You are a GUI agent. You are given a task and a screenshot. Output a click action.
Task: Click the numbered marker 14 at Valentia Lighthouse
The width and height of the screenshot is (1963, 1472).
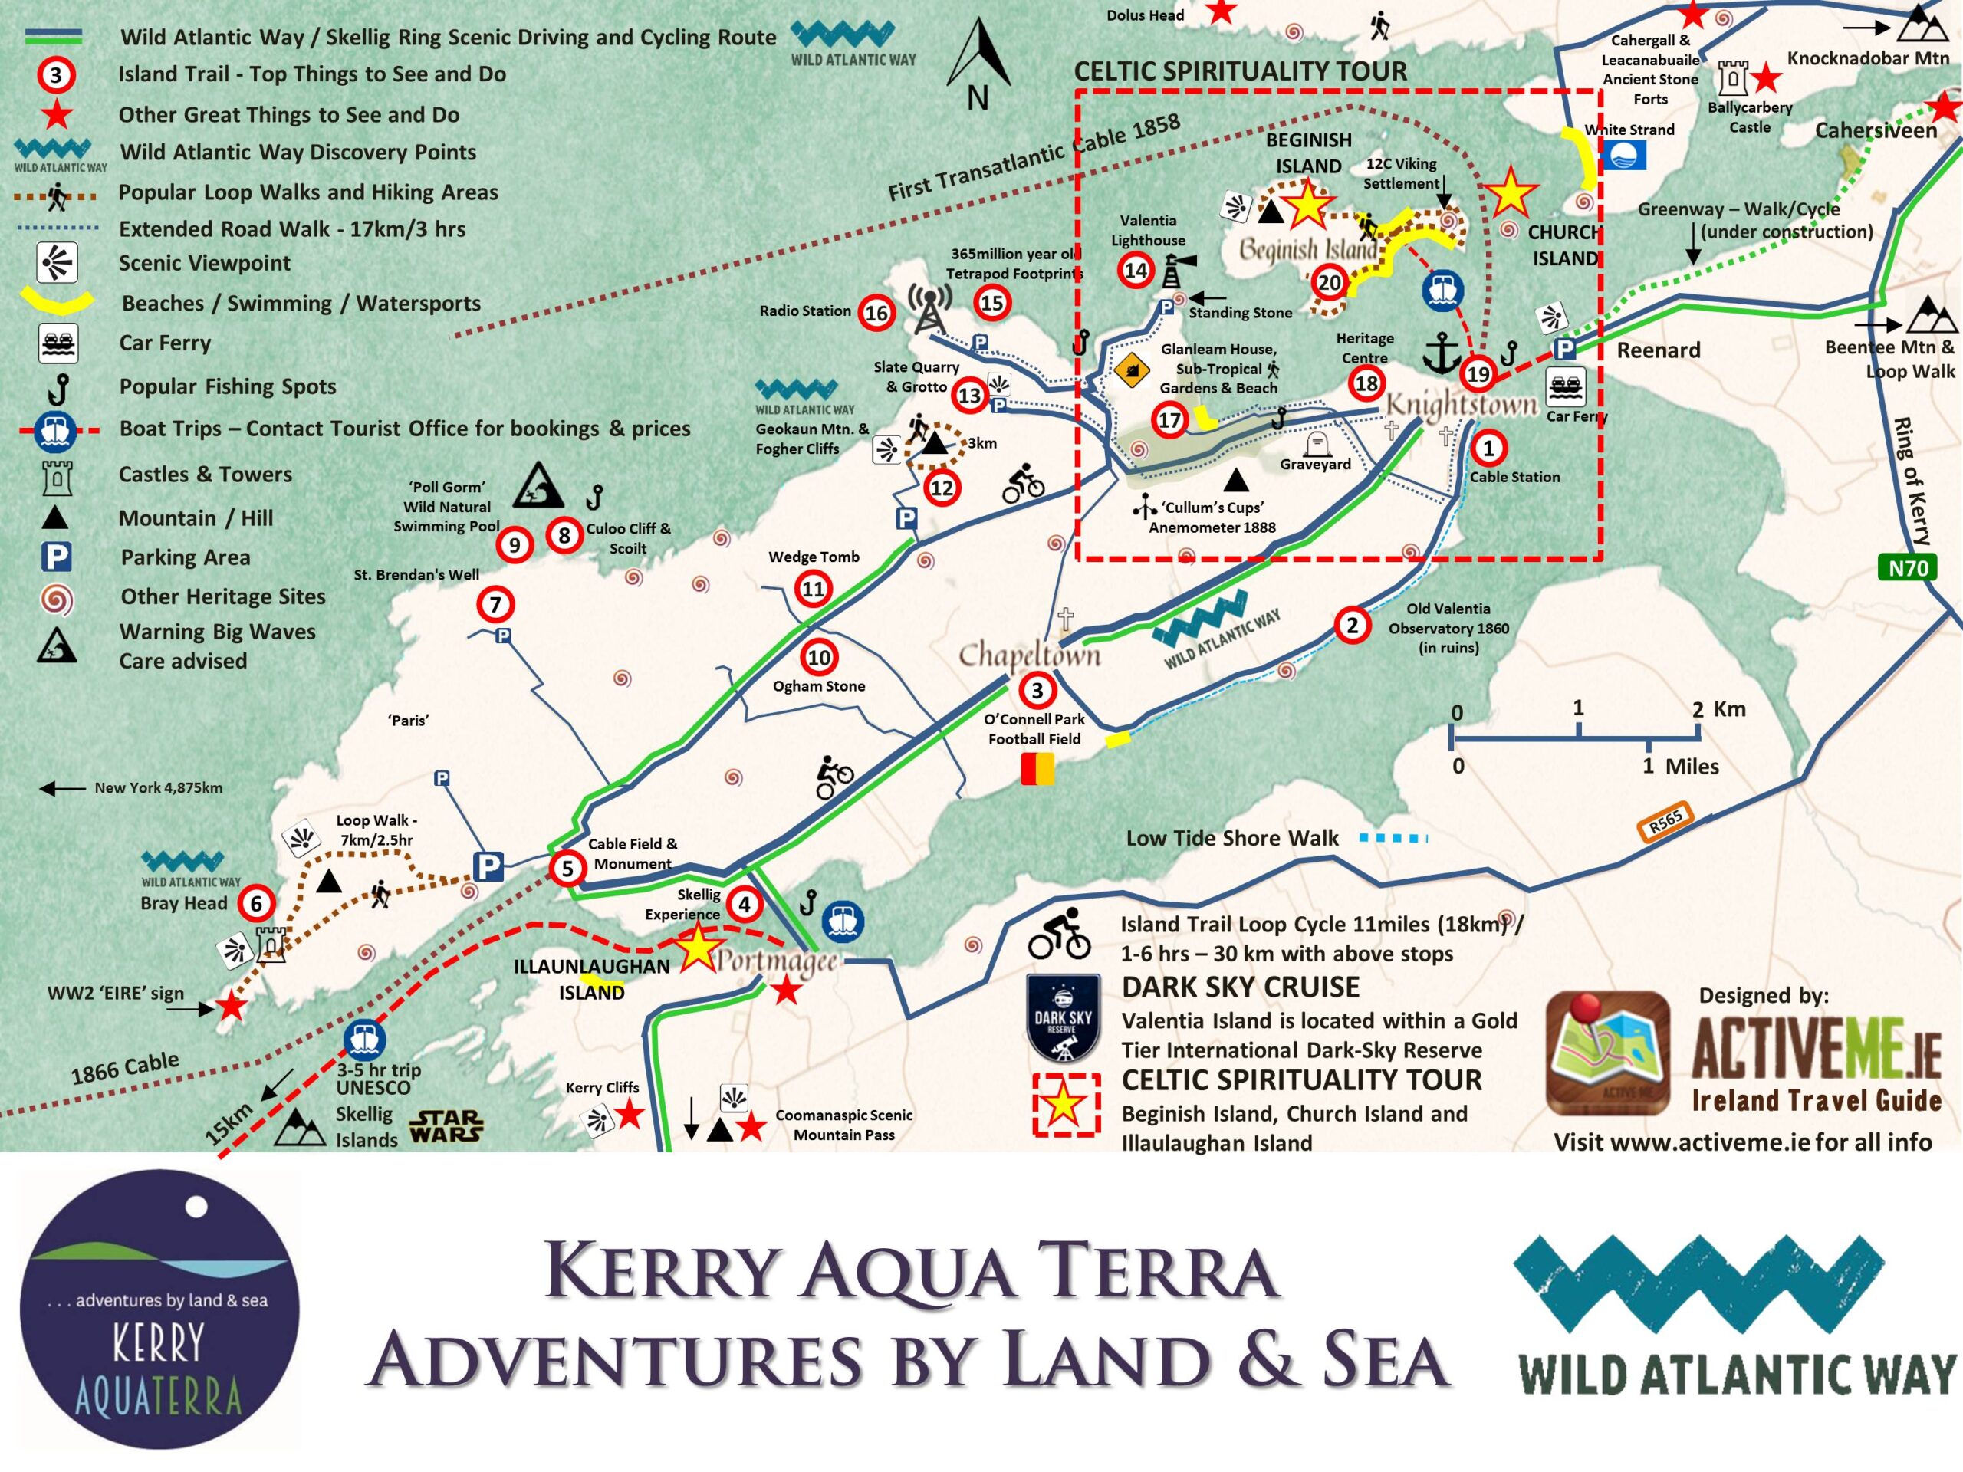[1136, 270]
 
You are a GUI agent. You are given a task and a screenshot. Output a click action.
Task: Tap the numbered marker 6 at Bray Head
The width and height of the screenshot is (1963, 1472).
[256, 903]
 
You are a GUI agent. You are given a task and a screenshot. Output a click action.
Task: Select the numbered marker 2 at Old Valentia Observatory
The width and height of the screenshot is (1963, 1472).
[1352, 625]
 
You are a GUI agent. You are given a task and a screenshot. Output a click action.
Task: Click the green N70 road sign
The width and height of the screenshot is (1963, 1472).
[1907, 568]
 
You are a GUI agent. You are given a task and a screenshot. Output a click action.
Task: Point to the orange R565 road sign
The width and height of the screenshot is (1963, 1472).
[1665, 823]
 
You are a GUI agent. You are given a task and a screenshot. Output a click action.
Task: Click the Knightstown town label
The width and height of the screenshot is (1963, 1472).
[1461, 405]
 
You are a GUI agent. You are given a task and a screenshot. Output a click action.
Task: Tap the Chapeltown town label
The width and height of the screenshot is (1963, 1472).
[1029, 655]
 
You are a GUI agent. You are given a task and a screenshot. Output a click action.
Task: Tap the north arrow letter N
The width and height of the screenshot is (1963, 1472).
[977, 97]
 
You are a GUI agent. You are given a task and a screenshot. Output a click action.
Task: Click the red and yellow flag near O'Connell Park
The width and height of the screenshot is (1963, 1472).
[1037, 768]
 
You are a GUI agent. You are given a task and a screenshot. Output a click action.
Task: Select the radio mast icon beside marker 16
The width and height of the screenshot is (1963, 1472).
[929, 308]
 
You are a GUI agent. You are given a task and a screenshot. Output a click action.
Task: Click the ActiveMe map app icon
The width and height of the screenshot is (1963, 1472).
[1608, 1053]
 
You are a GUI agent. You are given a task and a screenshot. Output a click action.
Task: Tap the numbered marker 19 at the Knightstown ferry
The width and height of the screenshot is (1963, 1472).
[1478, 373]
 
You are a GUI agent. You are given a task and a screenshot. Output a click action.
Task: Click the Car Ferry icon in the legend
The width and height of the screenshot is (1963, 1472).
[58, 343]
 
